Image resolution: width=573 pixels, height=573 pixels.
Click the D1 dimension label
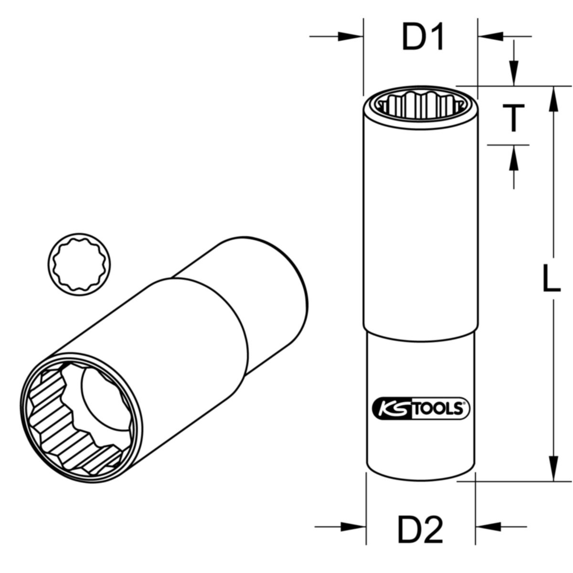pos(423,38)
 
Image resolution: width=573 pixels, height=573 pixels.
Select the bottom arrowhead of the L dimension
pos(553,468)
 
